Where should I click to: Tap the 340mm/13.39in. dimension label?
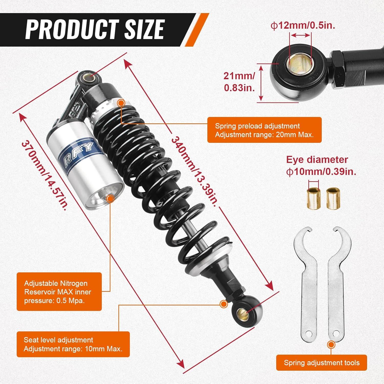(195, 172)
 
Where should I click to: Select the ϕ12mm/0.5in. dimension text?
(303, 26)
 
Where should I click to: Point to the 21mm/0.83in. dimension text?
(239, 82)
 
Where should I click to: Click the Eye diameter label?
(317, 160)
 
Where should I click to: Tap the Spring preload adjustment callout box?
(264, 130)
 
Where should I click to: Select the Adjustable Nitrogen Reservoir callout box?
(59, 292)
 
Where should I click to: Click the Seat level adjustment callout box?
(73, 344)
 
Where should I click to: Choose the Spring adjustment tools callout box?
(322, 362)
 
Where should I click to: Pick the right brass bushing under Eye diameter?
(333, 197)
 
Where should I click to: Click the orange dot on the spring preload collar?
(121, 103)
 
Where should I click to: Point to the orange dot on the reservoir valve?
(110, 198)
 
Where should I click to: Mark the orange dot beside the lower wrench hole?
(331, 345)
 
